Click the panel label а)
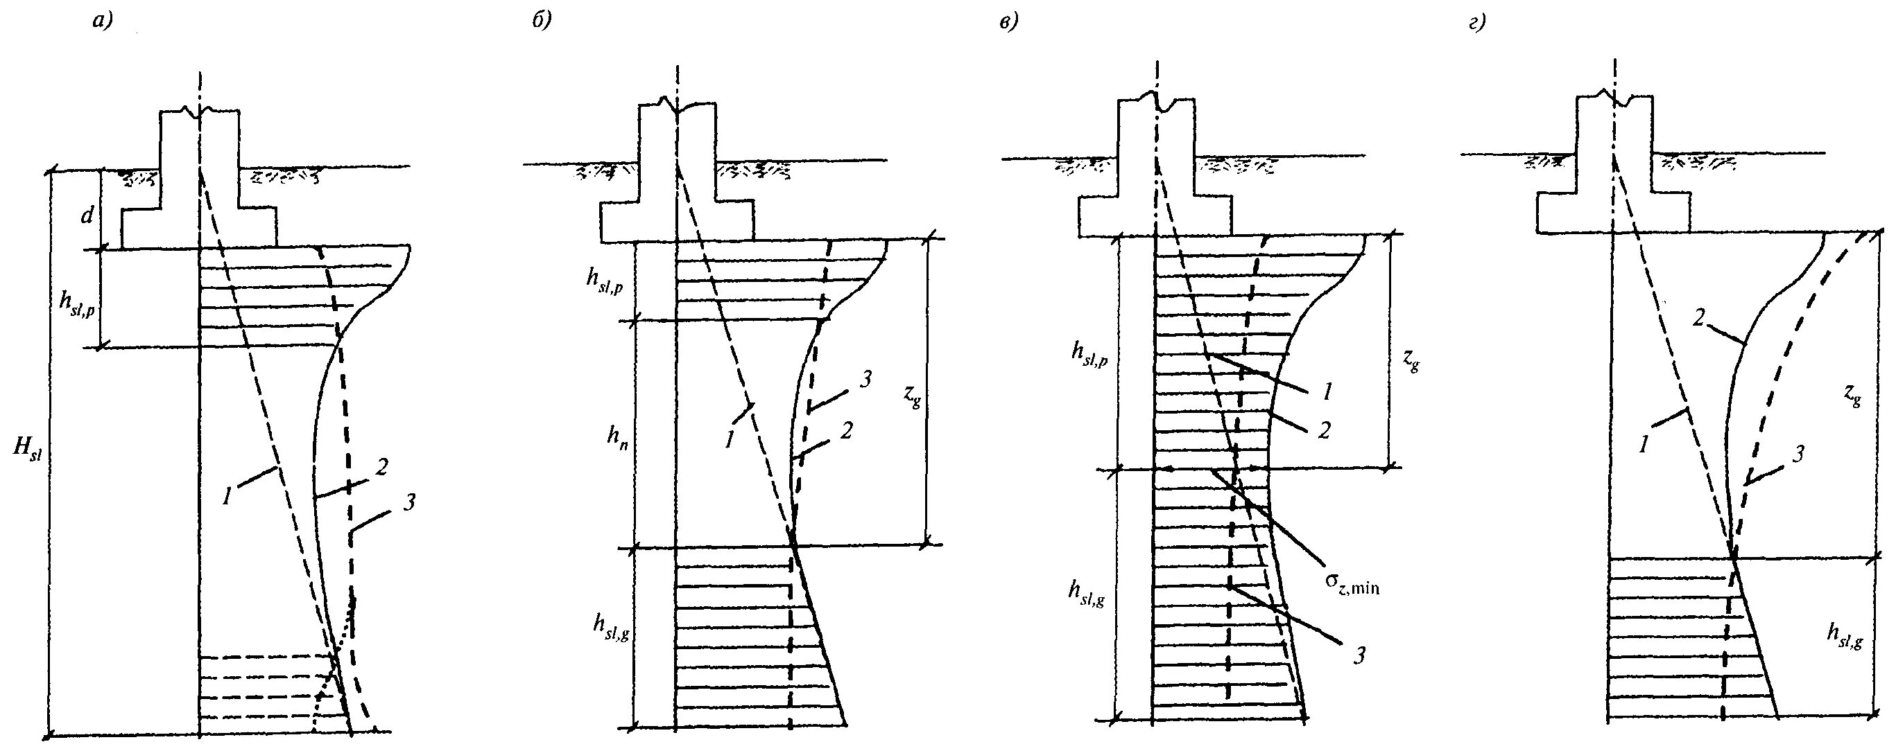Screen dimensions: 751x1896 click(101, 23)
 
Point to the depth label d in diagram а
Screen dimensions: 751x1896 click(87, 216)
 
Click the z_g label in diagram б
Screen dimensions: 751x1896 click(911, 398)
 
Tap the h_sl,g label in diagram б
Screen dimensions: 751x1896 click(610, 624)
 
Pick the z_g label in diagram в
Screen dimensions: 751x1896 click(1411, 361)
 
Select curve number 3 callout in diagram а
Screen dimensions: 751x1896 click(410, 502)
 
